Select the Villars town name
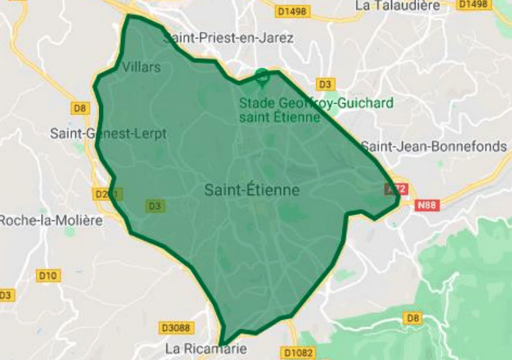pos(141,67)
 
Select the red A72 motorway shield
pos(396,189)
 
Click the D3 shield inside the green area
pos(155,205)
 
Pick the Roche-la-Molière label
pos(51,220)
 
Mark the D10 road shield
pos(48,275)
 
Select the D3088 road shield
pos(176,327)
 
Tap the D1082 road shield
pos(297,354)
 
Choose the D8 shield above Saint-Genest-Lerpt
pos(80,109)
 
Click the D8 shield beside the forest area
pos(413,317)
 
